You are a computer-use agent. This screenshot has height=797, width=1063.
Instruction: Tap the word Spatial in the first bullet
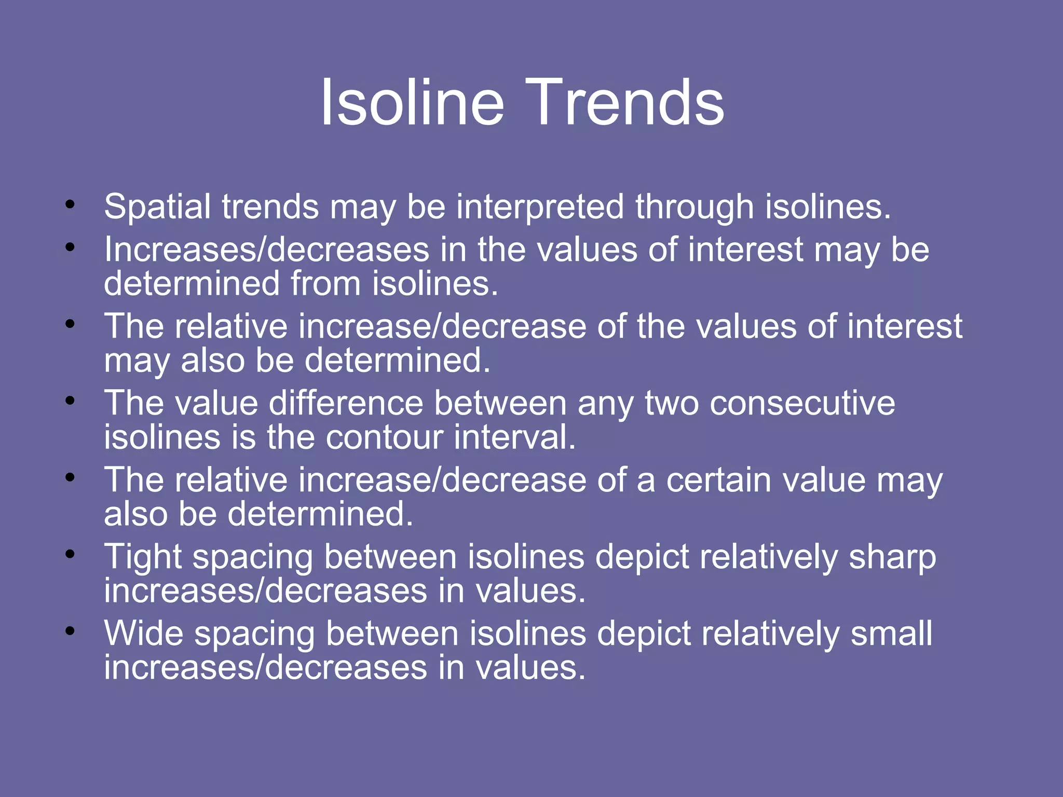(159, 207)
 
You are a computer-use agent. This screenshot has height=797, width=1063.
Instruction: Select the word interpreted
(540, 207)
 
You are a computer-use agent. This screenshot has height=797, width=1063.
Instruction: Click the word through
(694, 207)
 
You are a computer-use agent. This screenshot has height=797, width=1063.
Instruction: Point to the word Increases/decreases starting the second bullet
(267, 250)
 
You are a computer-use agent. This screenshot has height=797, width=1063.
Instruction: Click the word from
(325, 284)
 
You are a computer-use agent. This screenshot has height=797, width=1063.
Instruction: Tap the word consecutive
(802, 403)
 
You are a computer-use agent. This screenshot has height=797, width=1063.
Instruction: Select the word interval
(514, 437)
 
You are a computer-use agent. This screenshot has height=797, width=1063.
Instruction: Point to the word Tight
(143, 557)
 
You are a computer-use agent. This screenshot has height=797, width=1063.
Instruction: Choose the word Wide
(144, 634)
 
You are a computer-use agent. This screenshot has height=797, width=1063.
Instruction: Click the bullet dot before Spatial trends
(70, 204)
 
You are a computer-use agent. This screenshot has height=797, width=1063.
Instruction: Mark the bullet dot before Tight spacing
(70, 554)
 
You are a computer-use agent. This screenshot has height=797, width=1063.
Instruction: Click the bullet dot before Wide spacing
(70, 631)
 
